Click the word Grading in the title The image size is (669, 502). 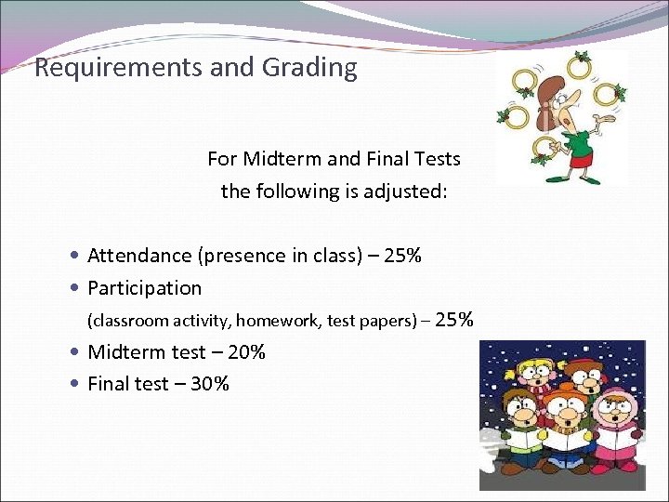313,68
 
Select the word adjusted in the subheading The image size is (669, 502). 407,192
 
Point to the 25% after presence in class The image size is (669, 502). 402,256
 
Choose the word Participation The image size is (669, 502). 144,288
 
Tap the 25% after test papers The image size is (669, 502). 453,321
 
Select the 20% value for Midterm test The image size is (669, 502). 246,352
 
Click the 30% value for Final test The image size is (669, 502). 209,384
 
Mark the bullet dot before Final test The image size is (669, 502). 74,384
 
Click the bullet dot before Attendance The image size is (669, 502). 74,256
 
